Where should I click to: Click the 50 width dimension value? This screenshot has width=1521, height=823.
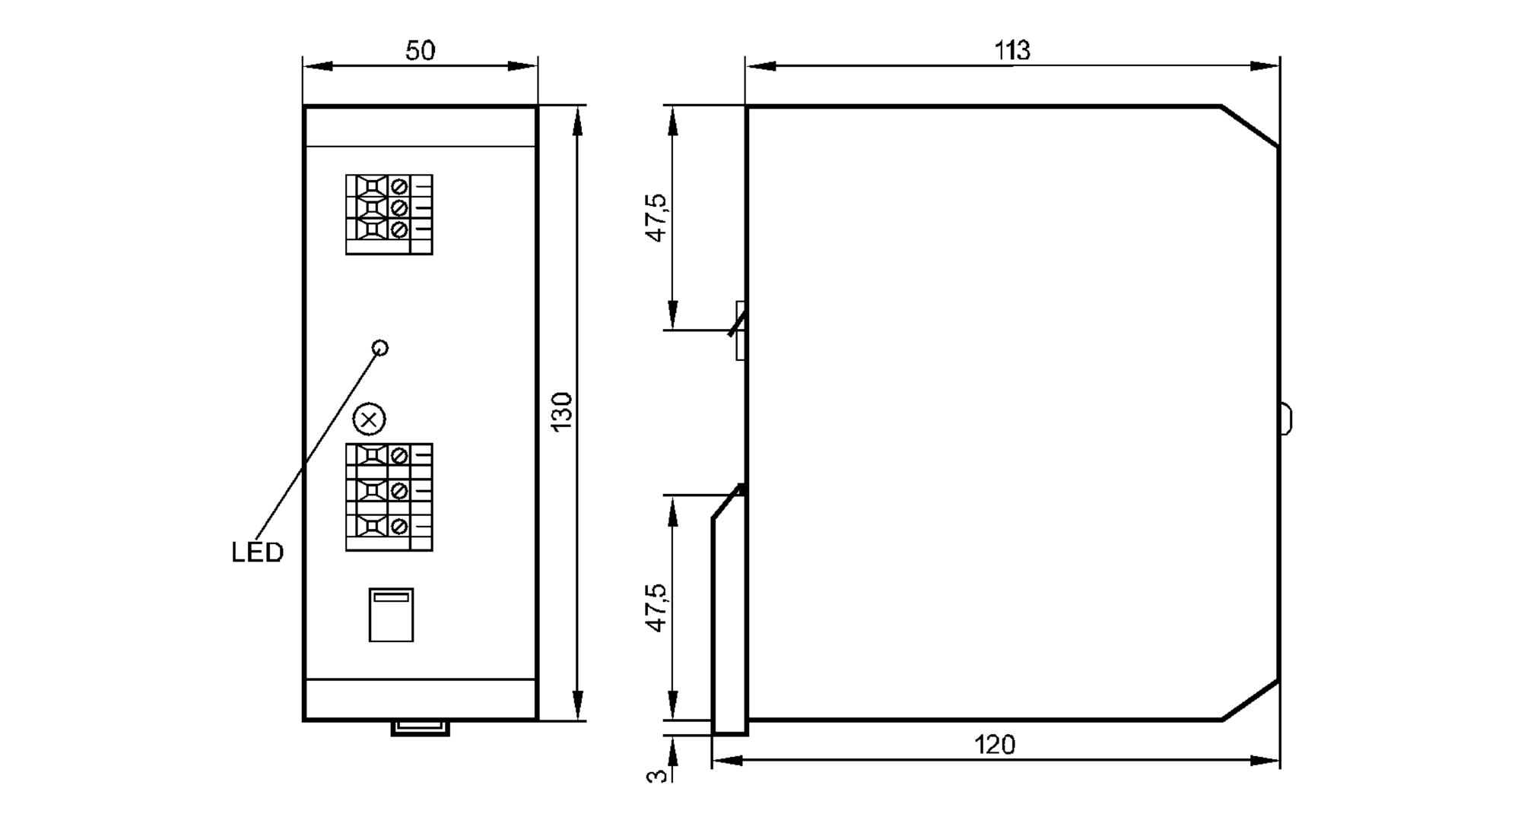[x=420, y=51]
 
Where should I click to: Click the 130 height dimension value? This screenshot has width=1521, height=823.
[x=562, y=412]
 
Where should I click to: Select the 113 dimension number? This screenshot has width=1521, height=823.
[x=1012, y=51]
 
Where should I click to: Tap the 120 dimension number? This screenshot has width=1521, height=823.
[x=995, y=745]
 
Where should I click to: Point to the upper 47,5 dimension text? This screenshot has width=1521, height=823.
[x=656, y=217]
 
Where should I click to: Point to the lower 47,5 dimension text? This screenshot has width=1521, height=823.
[x=656, y=608]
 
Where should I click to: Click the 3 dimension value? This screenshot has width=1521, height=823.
[x=657, y=776]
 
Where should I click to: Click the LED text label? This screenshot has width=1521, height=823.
[x=257, y=552]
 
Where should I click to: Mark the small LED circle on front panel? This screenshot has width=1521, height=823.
[x=381, y=347]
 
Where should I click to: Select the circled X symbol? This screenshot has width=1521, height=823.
[x=370, y=419]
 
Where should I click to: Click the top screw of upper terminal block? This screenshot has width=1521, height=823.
[x=399, y=186]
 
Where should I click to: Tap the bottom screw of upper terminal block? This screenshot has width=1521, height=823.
[x=399, y=229]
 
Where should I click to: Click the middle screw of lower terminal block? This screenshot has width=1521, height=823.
[x=399, y=491]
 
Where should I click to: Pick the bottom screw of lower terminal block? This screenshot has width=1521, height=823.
[x=399, y=526]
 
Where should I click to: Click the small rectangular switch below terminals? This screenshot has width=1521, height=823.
[x=391, y=615]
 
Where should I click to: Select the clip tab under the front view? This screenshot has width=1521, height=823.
[x=420, y=728]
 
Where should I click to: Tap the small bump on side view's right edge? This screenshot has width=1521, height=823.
[x=1285, y=419]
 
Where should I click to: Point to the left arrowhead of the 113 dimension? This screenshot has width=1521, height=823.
[x=760, y=66]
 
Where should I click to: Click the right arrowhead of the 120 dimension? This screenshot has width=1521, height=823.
[x=1265, y=760]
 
